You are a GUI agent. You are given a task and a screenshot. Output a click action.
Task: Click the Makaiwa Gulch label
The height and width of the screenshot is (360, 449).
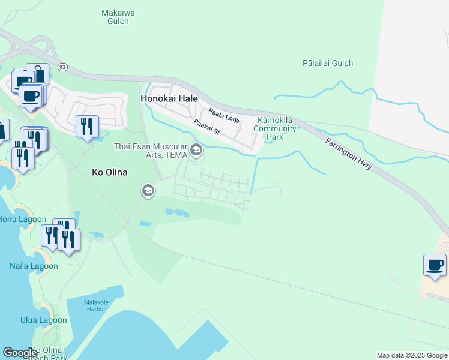[114, 16]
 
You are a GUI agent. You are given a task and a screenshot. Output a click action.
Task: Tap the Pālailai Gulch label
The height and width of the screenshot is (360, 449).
[328, 63]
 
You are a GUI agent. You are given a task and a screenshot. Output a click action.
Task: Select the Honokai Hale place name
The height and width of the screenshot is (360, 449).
[169, 98]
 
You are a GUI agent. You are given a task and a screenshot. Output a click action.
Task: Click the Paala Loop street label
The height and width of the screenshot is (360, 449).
[224, 115]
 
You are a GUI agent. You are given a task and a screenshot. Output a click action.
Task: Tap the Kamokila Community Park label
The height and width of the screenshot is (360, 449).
[275, 128]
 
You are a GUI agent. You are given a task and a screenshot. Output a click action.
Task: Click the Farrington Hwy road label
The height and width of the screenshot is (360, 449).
[349, 154]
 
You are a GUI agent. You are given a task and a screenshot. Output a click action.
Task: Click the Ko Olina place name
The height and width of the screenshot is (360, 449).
[110, 172]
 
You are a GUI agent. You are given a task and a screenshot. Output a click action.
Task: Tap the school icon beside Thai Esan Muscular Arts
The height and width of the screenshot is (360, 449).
[196, 149]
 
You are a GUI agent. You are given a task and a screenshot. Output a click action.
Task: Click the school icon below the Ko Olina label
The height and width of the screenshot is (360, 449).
[148, 191]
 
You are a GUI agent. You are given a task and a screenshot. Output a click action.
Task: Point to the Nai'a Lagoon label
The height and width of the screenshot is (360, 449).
[34, 266]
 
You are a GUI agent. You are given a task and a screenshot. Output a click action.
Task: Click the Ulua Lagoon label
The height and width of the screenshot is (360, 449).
[43, 320]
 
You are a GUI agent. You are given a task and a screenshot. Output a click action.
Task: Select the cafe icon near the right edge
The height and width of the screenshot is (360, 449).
[435, 265]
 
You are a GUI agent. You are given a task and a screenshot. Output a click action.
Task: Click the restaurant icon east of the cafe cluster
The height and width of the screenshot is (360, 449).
[87, 126]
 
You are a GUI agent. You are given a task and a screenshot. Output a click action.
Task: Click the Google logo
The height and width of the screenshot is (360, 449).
[20, 353]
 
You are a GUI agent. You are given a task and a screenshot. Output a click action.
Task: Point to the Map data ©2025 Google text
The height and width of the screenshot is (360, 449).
[411, 355]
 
